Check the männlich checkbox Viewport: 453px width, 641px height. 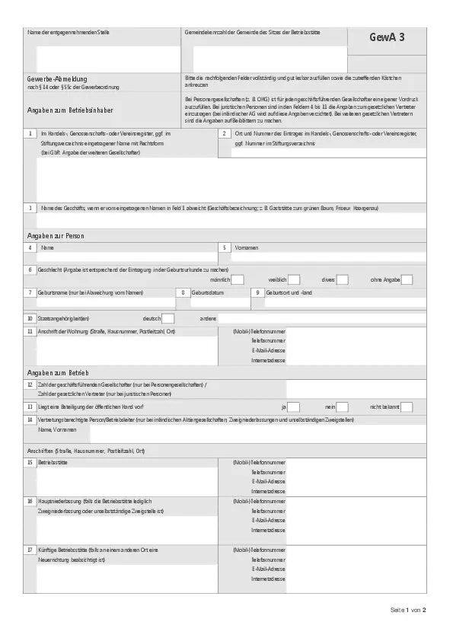(237, 279)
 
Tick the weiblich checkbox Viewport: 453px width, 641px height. (293, 279)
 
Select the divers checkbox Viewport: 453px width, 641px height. (342, 279)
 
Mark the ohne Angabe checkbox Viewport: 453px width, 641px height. (407, 279)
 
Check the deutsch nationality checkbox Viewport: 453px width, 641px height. (167, 318)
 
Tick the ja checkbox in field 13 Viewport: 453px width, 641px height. (293, 407)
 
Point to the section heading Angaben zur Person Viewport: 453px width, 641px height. (56, 237)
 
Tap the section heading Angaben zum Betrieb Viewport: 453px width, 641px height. (58, 372)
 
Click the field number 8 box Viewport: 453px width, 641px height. (182, 292)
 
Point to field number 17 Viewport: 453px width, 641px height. (30, 550)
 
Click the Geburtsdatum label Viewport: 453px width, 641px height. (207, 292)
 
